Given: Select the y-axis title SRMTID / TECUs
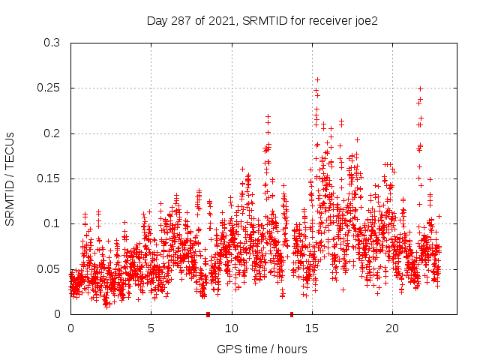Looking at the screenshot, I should coord(10,178).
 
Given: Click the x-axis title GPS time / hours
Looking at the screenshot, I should coord(261,349).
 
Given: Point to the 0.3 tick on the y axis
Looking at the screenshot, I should coord(52,43).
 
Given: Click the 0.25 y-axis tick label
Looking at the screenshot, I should coord(49,88).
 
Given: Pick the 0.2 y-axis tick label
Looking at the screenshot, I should coord(52,133).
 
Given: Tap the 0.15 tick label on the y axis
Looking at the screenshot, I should coord(49,178).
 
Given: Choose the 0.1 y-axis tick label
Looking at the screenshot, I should coord(52,223).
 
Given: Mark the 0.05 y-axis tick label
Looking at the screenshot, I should coord(49,268).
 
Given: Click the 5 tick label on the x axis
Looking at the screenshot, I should coord(151,328).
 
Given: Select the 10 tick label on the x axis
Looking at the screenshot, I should coord(232,328).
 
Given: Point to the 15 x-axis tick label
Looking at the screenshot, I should coord(312,328).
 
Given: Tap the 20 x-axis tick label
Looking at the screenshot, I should coord(392,328).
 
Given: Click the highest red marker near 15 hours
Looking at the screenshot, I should coord(317,79).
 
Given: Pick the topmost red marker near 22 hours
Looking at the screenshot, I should coord(420,88).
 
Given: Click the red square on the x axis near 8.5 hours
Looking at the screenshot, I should coord(208,314).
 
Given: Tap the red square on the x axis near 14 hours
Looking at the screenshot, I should coord(292,314).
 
